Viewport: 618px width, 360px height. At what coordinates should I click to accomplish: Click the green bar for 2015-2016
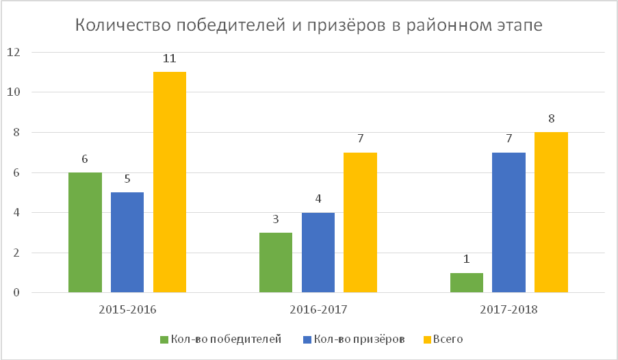[x=85, y=233]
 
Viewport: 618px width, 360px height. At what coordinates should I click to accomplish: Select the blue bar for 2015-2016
[x=127, y=242]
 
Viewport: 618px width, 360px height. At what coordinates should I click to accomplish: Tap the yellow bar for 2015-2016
[x=170, y=182]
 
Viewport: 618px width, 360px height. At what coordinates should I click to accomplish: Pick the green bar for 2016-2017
[x=276, y=263]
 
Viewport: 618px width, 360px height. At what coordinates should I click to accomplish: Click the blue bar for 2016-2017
[x=318, y=253]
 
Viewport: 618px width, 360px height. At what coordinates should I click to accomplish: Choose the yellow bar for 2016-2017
[x=360, y=222]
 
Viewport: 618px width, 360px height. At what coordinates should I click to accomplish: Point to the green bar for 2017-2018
[x=467, y=283]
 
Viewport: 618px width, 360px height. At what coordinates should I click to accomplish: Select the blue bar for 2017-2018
[x=508, y=222]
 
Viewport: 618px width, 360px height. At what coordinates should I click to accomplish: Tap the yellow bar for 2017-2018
[x=551, y=213]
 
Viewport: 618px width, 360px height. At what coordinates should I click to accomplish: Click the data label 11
[x=170, y=59]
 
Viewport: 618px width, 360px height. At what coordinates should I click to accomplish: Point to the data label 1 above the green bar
[x=467, y=259]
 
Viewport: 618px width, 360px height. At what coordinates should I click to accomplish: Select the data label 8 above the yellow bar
[x=552, y=118]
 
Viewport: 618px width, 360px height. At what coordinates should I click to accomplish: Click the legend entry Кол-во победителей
[x=220, y=339]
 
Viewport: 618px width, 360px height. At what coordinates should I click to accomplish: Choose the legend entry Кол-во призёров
[x=354, y=339]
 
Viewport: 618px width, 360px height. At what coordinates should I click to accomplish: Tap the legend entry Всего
[x=443, y=339]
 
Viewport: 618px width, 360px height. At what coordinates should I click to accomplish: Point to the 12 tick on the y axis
[x=14, y=52]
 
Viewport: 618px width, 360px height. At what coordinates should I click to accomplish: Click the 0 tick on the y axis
[x=16, y=292]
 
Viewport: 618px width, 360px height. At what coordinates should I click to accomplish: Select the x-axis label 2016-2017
[x=318, y=309]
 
